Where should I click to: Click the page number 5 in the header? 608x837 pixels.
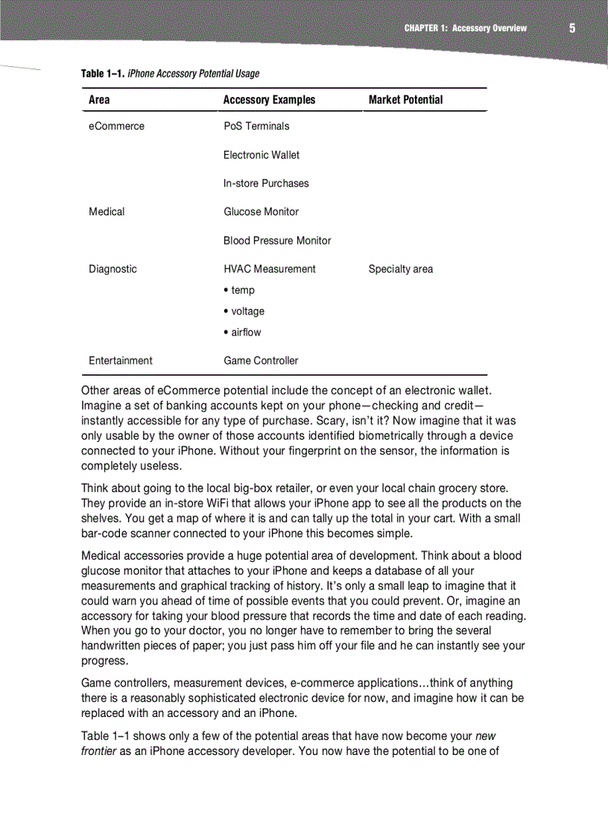pyautogui.click(x=571, y=28)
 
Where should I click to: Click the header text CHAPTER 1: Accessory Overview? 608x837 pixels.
pyautogui.click(x=465, y=28)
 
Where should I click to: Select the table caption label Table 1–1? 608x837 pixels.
pyautogui.click(x=103, y=73)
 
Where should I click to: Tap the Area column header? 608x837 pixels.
pyautogui.click(x=99, y=100)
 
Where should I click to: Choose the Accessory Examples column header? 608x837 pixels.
pyautogui.click(x=269, y=100)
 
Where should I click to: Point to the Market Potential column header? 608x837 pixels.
pyautogui.click(x=405, y=100)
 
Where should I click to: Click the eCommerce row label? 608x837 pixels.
pyautogui.click(x=116, y=126)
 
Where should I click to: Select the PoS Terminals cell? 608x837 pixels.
pyautogui.click(x=256, y=126)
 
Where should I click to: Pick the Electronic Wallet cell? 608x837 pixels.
pyautogui.click(x=262, y=155)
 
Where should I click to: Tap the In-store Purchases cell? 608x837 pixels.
pyautogui.click(x=266, y=183)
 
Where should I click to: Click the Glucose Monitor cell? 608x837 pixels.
pyautogui.click(x=261, y=212)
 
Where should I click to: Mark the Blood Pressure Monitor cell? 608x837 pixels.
pyautogui.click(x=277, y=241)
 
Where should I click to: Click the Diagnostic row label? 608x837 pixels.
pyautogui.click(x=113, y=269)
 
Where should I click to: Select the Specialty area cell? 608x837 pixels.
pyautogui.click(x=400, y=269)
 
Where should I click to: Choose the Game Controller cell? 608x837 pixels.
pyautogui.click(x=261, y=361)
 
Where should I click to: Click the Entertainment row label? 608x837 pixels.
pyautogui.click(x=120, y=361)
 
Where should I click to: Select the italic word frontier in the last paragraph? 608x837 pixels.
pyautogui.click(x=100, y=751)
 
